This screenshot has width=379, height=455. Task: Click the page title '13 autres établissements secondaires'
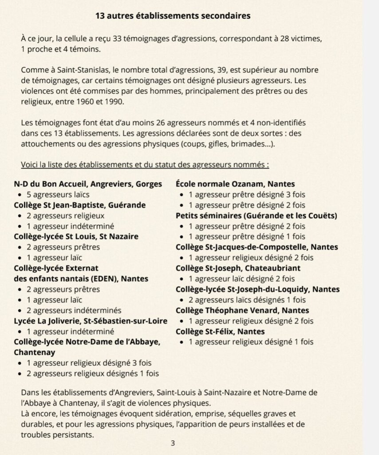click(173, 16)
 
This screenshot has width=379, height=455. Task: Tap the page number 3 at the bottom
click(173, 443)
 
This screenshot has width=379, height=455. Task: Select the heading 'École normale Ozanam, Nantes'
click(235, 184)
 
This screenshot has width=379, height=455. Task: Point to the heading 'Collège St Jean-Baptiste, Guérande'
click(79, 205)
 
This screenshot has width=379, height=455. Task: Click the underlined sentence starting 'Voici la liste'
click(145, 164)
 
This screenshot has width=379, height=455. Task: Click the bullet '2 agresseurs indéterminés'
click(74, 310)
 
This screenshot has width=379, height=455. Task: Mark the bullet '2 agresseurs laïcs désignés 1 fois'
click(248, 299)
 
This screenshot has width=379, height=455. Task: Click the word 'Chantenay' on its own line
click(35, 352)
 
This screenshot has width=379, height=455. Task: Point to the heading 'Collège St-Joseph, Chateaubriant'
click(238, 268)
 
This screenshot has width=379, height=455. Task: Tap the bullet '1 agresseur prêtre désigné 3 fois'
click(247, 194)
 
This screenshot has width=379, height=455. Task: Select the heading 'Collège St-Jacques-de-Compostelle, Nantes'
click(257, 247)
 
